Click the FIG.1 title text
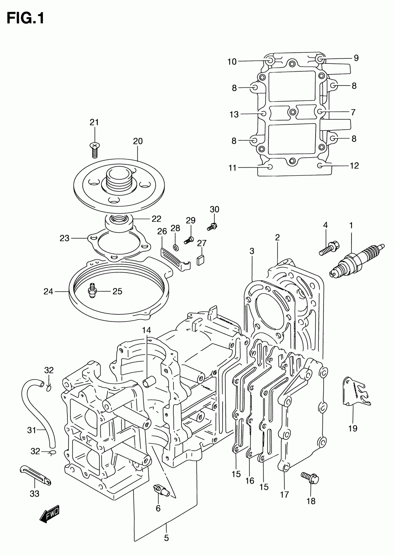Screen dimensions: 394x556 click(25, 18)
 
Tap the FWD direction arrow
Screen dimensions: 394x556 click(49, 513)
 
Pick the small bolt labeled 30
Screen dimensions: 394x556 click(212, 227)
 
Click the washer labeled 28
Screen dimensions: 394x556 click(176, 247)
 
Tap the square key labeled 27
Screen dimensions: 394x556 click(201, 260)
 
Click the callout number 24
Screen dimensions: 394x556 click(48, 292)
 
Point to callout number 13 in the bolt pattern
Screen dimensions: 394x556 click(234, 114)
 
